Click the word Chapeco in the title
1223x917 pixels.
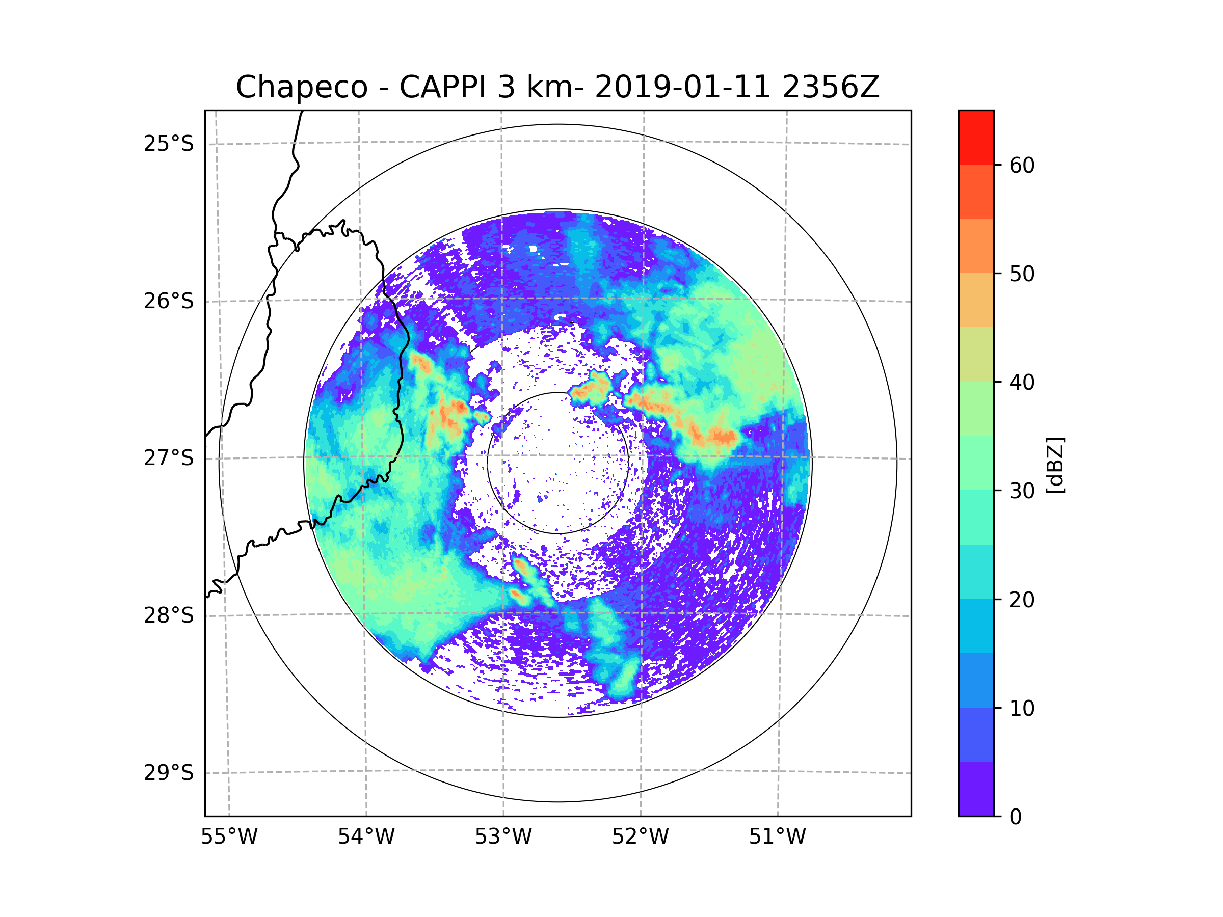pos(301,87)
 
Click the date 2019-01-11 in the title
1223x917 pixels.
pos(682,87)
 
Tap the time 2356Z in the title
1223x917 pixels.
pos(831,87)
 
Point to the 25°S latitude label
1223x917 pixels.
pos(169,144)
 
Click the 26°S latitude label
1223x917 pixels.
pos(169,301)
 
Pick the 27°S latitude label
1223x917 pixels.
pos(169,458)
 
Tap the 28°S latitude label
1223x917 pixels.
pos(169,615)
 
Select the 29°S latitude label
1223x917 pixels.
pos(169,773)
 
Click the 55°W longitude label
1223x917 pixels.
pos(229,837)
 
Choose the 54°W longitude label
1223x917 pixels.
pos(366,837)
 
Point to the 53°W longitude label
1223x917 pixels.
pos(503,837)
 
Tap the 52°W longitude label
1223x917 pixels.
pos(640,837)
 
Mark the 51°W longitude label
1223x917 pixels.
pos(777,837)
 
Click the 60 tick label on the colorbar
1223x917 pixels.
pos(1022,165)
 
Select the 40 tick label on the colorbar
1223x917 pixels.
pos(1022,383)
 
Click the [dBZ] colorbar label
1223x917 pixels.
pos(1055,465)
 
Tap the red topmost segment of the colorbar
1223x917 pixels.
pos(976,137)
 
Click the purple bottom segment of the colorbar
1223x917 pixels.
pos(976,789)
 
